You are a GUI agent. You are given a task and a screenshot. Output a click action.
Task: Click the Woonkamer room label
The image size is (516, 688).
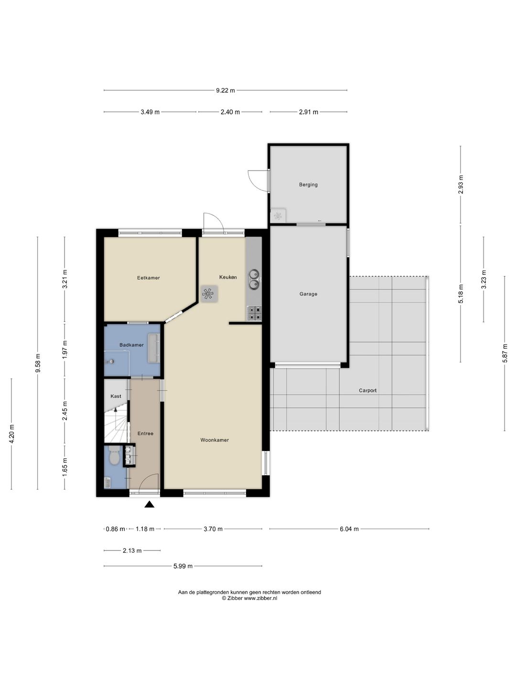215,440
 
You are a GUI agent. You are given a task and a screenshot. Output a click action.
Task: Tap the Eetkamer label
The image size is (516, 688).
149,278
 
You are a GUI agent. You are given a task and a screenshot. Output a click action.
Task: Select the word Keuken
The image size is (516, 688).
228,277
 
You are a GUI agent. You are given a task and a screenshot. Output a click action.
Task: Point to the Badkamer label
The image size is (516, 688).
131,345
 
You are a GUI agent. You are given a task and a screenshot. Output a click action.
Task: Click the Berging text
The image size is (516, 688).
308,184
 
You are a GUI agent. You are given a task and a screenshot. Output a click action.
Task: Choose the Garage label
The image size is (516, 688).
308,294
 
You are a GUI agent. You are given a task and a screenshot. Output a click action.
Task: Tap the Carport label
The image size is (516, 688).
368,390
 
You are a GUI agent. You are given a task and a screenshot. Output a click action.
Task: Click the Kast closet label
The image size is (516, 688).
116,396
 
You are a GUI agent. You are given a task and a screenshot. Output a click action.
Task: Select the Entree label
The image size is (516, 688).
145,433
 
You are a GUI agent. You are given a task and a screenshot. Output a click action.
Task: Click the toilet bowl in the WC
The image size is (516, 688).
114,456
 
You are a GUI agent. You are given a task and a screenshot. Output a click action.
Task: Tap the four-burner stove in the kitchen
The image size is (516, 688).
254,313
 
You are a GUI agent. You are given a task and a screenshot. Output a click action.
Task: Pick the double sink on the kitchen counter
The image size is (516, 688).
254,279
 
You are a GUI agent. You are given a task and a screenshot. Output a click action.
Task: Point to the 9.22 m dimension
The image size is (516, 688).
225,91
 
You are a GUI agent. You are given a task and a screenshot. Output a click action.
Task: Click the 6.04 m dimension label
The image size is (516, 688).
349,529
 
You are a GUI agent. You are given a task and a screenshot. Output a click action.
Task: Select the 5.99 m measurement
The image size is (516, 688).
183,566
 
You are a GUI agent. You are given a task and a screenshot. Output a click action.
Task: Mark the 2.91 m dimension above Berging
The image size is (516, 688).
309,112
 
